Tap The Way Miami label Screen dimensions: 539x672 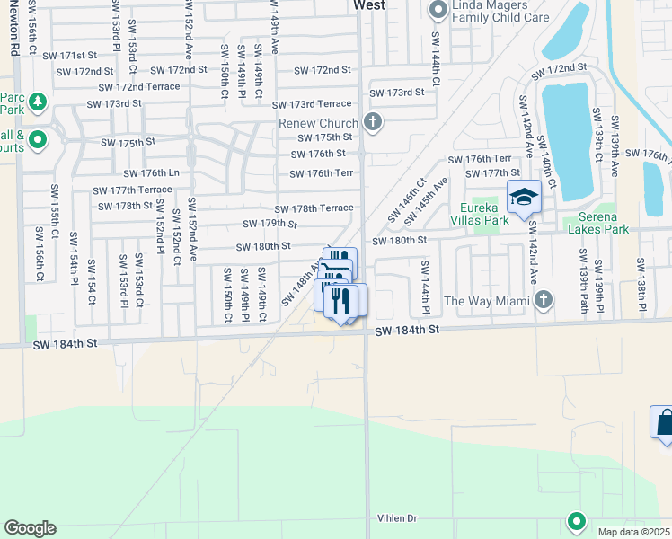click(x=486, y=301)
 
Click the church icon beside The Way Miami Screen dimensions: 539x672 click(x=542, y=299)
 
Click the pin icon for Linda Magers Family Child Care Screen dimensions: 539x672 click(x=438, y=10)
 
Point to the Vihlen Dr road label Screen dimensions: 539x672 click(x=400, y=518)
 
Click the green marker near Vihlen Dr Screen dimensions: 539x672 click(x=576, y=520)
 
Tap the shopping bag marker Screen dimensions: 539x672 click(x=664, y=423)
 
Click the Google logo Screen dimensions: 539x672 click(x=30, y=528)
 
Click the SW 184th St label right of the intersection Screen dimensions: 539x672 click(x=407, y=331)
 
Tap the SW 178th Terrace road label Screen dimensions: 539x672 click(x=314, y=208)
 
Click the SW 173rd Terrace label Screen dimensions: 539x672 click(x=312, y=104)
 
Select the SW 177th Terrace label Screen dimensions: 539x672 click(x=132, y=190)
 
